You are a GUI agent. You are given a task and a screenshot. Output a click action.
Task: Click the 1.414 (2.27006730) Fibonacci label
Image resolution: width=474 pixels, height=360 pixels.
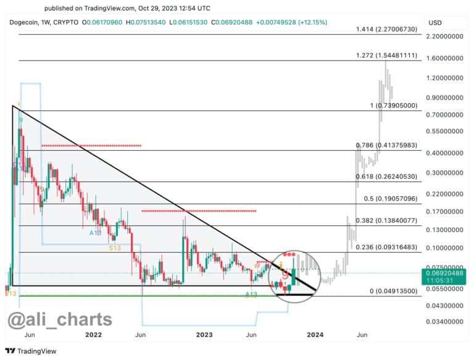pos(387,30)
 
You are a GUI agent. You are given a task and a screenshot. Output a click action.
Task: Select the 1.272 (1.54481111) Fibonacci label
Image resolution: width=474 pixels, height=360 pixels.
pos(387,56)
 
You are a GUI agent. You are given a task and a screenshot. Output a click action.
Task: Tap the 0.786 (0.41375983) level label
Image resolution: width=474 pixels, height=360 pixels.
pos(387,145)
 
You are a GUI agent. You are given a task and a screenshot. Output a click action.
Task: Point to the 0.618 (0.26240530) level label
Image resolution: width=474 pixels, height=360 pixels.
pos(387,177)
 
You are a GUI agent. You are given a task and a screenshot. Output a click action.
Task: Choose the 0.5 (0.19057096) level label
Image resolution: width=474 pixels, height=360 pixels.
pos(387,199)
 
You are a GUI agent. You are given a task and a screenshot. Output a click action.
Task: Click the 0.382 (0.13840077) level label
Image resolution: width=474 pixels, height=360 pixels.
pos(387,220)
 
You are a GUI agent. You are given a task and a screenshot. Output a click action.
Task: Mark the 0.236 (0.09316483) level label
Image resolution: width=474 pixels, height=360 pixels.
pos(387,247)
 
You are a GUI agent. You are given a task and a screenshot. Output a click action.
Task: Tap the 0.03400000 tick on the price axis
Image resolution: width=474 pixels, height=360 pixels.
pos(447,322)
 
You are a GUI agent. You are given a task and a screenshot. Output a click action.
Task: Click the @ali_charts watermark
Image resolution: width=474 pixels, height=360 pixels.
pos(60,319)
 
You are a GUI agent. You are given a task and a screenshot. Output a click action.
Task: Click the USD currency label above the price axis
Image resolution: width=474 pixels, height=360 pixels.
pos(435,22)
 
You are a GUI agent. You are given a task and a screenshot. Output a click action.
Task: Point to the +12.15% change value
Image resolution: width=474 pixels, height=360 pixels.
pos(312,22)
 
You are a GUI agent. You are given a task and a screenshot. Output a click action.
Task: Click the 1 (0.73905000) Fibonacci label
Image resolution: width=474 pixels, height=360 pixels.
pos(395,106)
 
